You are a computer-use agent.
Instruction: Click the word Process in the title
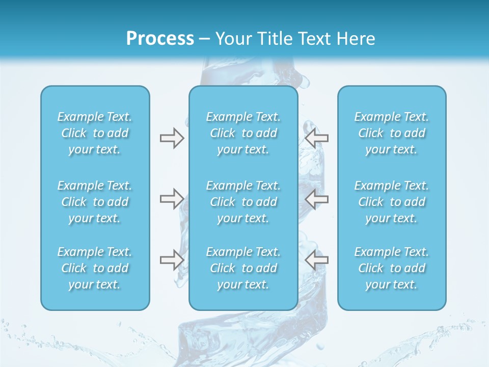click(x=160, y=39)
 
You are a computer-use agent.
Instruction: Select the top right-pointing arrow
click(x=172, y=138)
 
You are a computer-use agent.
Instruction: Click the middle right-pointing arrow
click(x=172, y=199)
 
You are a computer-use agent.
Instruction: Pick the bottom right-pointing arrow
click(x=172, y=260)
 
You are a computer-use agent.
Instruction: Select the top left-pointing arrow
click(x=317, y=138)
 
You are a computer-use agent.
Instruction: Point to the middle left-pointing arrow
click(x=317, y=199)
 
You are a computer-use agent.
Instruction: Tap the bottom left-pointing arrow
click(x=317, y=260)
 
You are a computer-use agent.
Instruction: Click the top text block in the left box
click(x=95, y=133)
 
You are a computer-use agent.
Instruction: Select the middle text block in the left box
click(x=95, y=202)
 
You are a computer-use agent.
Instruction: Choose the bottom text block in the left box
click(x=95, y=268)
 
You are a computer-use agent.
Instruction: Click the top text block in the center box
click(x=243, y=133)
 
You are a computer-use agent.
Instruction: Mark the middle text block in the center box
click(x=243, y=202)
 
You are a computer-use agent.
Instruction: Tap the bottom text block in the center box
click(x=243, y=268)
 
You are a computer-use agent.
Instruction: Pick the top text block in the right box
click(x=392, y=133)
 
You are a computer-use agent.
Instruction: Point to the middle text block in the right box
click(x=392, y=202)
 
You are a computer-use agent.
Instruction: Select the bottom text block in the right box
click(x=392, y=268)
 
